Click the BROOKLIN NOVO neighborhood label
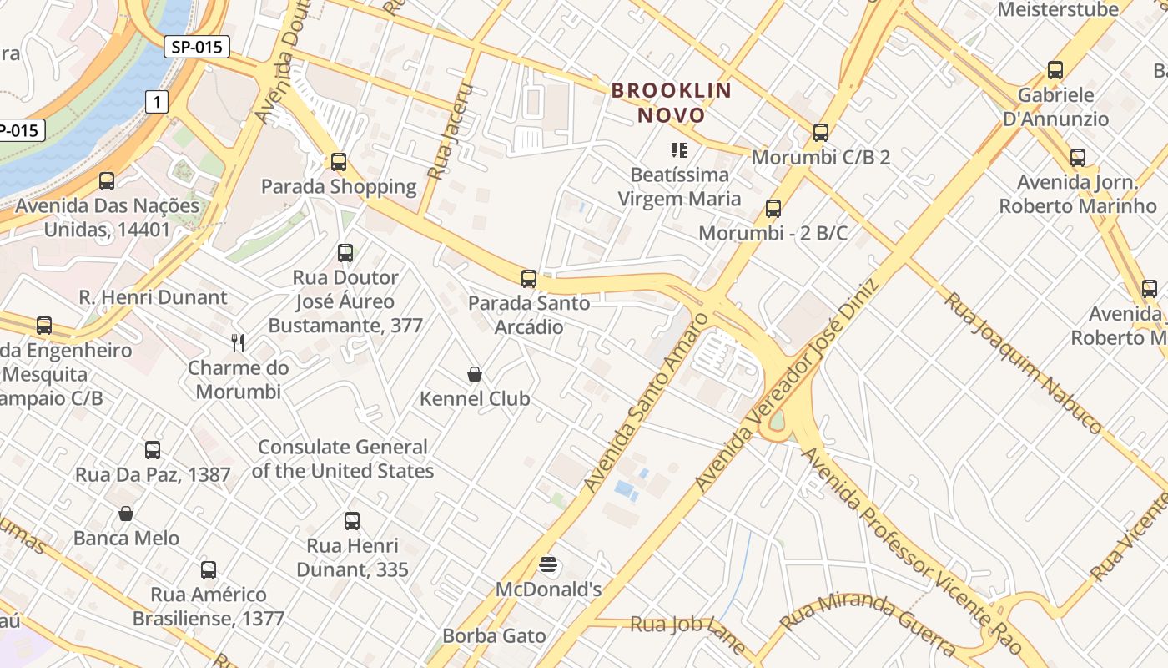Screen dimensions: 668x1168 [672, 102]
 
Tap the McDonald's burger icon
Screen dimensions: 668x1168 [548, 565]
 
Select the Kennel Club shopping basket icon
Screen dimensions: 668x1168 [475, 374]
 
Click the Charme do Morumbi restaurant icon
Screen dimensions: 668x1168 [239, 343]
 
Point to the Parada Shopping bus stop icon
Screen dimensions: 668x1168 [339, 162]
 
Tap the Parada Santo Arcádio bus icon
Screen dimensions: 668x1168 [529, 279]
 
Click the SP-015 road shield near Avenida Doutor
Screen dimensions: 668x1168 [197, 47]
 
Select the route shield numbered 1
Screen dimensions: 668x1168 [156, 102]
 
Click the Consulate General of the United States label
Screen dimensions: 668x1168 [342, 458]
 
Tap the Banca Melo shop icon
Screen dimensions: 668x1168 [126, 514]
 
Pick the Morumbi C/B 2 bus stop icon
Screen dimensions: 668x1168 [821, 133]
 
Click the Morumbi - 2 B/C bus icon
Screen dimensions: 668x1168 [773, 209]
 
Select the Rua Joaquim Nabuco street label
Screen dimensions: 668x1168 [1022, 362]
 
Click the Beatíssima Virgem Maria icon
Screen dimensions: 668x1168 [679, 150]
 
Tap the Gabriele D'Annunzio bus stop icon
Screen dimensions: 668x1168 [1055, 70]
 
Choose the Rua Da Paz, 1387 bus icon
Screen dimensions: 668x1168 [153, 450]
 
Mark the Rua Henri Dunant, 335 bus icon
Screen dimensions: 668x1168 [352, 521]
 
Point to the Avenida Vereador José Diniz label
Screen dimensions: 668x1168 [788, 384]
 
